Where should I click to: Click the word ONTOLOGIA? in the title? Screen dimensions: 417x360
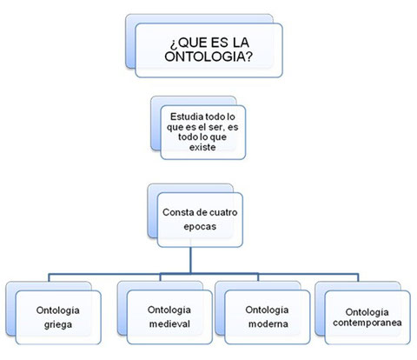point(208,57)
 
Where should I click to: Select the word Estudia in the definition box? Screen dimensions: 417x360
point(187,117)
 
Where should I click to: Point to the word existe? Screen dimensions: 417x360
point(202,147)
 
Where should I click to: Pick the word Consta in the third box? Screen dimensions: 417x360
point(176,212)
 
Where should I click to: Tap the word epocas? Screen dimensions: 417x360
point(200,226)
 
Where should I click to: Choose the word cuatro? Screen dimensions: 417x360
point(223,212)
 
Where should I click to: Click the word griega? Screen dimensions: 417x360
point(58,324)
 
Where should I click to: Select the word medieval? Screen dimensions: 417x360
point(169,323)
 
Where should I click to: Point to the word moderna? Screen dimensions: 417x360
point(268,323)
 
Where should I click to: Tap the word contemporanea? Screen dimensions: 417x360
point(367,323)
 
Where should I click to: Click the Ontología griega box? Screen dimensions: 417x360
point(58,317)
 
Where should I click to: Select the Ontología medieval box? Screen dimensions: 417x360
point(169,317)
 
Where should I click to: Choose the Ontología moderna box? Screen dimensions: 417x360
point(268,317)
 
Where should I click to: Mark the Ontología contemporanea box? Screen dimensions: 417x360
point(367,317)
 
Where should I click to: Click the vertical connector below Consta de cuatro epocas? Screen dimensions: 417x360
point(190,260)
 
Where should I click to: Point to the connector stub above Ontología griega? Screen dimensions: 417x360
point(49,277)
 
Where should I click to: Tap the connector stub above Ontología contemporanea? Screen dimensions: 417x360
point(358,277)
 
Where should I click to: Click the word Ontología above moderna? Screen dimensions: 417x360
point(267,310)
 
